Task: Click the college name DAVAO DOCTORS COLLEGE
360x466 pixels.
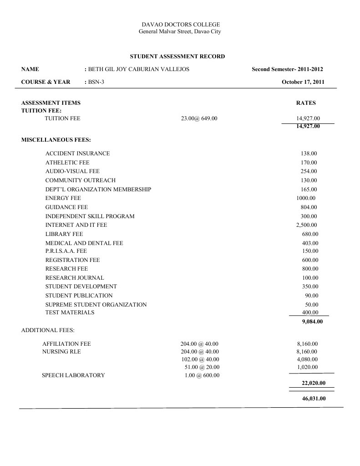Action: pyautogui.click(x=181, y=24)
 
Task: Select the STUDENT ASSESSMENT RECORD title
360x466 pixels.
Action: pyautogui.click(x=177, y=56)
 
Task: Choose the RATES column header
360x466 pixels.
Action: pyautogui.click(x=306, y=103)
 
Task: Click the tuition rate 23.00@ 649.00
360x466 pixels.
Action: pyautogui.click(x=199, y=118)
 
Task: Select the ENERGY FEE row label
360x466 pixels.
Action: pyautogui.click(x=63, y=198)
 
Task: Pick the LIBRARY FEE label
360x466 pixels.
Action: pyautogui.click(x=64, y=234)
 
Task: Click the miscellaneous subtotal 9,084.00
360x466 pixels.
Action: pyautogui.click(x=312, y=322)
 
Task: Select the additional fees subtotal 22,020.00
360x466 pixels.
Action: pyautogui.click(x=314, y=383)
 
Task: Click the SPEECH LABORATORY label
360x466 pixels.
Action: pyautogui.click(x=73, y=375)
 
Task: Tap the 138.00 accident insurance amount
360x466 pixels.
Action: pyautogui.click(x=309, y=154)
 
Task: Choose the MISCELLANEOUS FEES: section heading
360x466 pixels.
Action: pyautogui.click(x=56, y=139)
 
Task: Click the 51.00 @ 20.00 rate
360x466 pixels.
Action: pyautogui.click(x=202, y=367)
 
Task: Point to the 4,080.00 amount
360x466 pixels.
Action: pyautogui.click(x=307, y=359)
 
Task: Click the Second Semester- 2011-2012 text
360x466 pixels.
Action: pyautogui.click(x=288, y=69)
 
